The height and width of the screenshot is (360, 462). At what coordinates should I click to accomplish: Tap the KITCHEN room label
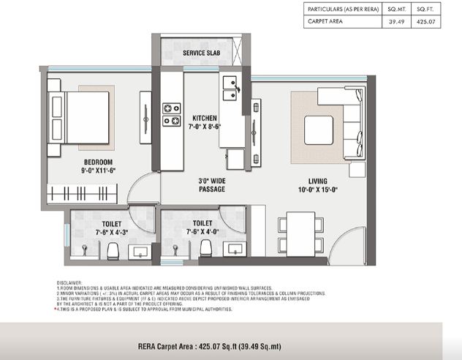click(x=206, y=122)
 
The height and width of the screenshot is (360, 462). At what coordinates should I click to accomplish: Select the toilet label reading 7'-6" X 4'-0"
click(x=202, y=228)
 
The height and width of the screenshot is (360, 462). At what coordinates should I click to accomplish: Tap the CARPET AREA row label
click(x=324, y=23)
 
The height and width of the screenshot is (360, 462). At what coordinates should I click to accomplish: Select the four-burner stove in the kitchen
click(x=172, y=114)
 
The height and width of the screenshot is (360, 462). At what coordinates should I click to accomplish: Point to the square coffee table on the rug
click(x=319, y=130)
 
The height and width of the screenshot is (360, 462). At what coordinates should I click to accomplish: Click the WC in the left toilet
click(x=113, y=251)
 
